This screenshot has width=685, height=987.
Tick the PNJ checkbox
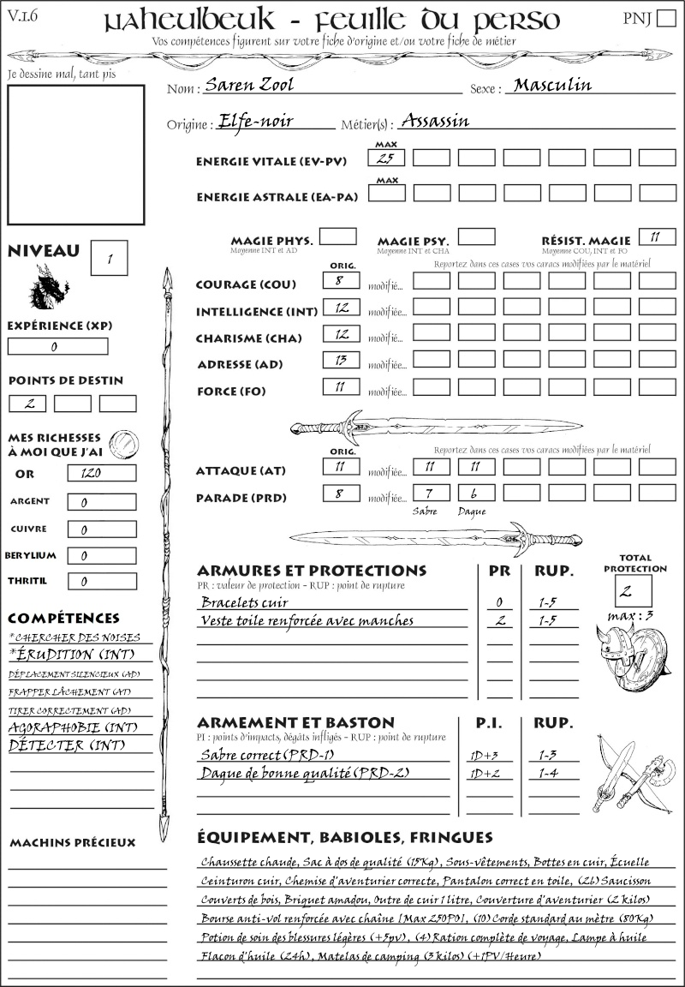point(664,19)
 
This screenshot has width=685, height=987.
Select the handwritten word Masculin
point(552,85)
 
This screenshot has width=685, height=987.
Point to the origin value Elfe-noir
point(256,121)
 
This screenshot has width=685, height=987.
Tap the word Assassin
point(435,121)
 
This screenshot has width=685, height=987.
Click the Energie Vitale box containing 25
point(386,158)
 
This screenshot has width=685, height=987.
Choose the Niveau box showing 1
point(111,257)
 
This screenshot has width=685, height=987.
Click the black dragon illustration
point(50,288)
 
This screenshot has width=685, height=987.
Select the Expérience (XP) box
point(57,346)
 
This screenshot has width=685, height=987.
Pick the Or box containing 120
point(101,473)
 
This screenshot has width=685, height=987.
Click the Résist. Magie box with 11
point(657,236)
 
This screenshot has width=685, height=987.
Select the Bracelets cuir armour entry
point(232,602)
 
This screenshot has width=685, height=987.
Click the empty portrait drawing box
point(75,154)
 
